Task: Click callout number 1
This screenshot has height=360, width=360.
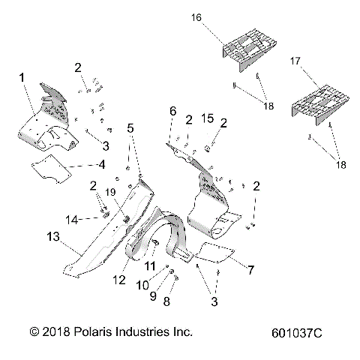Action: click(22, 76)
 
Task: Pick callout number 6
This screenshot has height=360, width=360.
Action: click(172, 111)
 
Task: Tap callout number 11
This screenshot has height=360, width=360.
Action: click(151, 266)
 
